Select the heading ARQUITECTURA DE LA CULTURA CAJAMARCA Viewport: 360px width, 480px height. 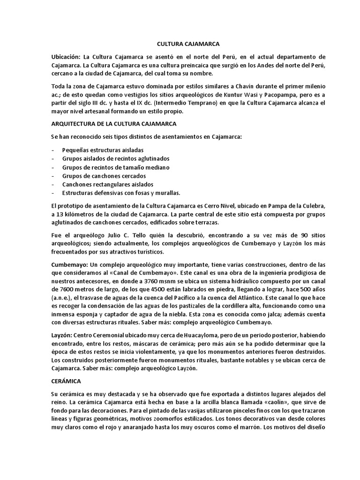pyautogui.click(x=113, y=124)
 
